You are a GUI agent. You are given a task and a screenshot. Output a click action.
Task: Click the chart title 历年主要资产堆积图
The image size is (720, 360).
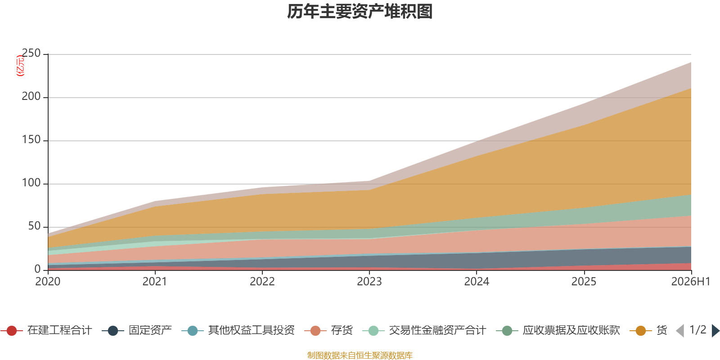[360, 12]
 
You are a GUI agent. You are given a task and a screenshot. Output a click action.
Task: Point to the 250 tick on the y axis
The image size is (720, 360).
[31, 53]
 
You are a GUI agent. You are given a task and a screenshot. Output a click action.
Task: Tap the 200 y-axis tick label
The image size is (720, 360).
[31, 96]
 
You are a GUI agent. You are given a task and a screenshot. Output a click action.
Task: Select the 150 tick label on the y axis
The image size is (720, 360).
[31, 139]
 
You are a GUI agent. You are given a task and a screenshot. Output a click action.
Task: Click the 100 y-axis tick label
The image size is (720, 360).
[31, 183]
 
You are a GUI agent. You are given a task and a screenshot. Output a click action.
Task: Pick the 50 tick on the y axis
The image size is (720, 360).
[34, 226]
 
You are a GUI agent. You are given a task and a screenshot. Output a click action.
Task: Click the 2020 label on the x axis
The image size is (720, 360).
[48, 282]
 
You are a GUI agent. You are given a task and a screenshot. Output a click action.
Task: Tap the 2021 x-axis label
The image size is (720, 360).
[155, 282]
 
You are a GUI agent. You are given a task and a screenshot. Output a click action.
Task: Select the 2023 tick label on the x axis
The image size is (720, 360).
[369, 282]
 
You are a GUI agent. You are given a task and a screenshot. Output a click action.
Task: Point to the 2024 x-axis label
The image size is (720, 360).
[477, 282]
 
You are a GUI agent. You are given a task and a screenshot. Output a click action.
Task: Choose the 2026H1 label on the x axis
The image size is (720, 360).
[691, 282]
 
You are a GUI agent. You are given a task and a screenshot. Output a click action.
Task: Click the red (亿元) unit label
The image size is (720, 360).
[20, 66]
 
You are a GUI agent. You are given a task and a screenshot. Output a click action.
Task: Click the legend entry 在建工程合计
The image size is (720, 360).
[46, 330]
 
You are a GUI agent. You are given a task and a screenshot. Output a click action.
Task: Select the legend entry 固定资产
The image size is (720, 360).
[137, 330]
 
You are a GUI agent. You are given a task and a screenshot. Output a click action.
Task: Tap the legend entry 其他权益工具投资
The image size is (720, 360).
[238, 330]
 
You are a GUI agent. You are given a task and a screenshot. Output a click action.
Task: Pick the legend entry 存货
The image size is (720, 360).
[328, 330]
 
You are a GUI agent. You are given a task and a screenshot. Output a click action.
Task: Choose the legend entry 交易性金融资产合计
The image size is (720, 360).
[424, 330]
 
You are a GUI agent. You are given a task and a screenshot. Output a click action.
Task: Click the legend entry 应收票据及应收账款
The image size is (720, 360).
[558, 330]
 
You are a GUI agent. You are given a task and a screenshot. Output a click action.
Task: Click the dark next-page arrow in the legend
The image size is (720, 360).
[715, 330]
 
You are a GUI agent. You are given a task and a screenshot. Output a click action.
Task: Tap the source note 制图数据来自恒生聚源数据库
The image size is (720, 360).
[360, 355]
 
